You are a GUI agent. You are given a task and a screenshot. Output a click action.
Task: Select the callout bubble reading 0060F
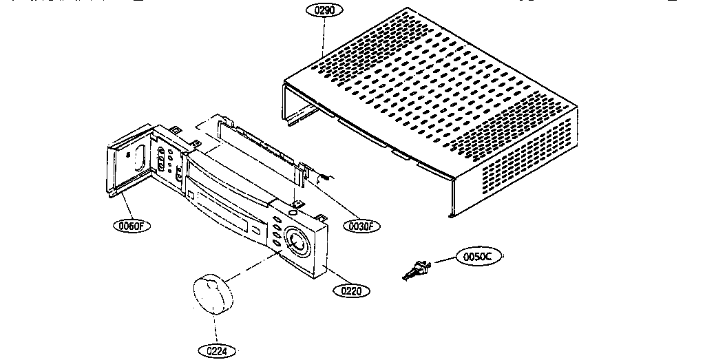pyautogui.click(x=132, y=224)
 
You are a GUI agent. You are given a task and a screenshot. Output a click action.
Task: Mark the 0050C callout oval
pyautogui.click(x=478, y=257)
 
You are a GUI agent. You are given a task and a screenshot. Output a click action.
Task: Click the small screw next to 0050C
pyautogui.click(x=416, y=271)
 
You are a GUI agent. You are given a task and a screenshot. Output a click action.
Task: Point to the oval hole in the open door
pyautogui.click(x=137, y=156)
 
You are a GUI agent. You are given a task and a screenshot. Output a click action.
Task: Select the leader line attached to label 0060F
pyautogui.click(x=125, y=206)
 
